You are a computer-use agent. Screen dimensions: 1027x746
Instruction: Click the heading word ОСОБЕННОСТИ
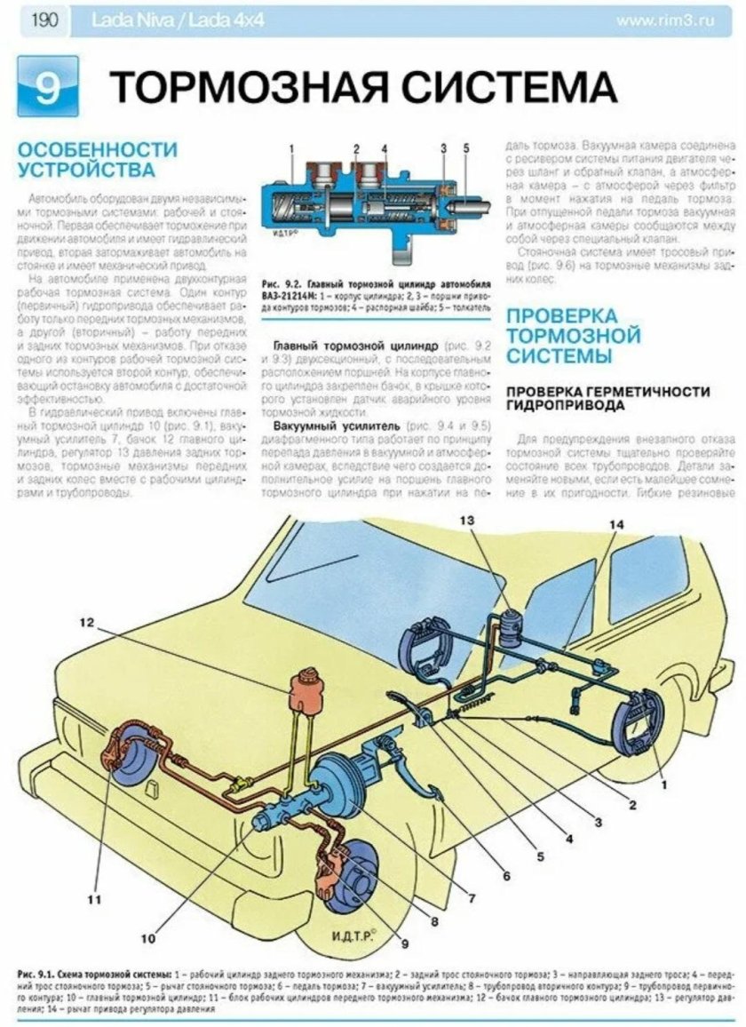[98, 148]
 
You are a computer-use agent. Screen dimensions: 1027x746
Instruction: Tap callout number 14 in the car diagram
[616, 525]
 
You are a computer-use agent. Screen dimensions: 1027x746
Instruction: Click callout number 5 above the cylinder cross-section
[466, 147]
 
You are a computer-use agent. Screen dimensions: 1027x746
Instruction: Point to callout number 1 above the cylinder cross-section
[292, 147]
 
